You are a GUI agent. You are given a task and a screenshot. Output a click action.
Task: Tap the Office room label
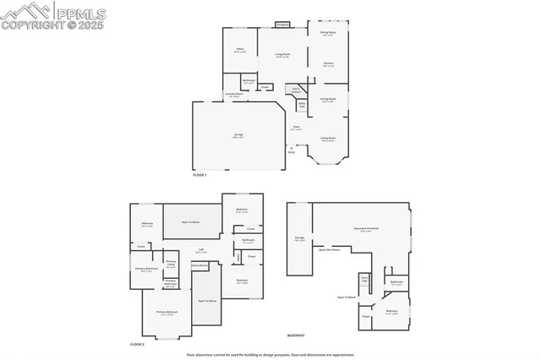[239, 50]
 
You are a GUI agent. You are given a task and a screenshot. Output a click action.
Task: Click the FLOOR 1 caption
[199, 174]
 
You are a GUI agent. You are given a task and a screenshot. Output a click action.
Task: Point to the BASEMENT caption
[297, 335]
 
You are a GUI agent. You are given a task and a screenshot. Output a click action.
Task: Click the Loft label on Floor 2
[202, 248]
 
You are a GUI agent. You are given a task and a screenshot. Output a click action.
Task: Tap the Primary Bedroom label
[167, 313]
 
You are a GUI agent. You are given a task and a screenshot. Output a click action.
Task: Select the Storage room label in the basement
[299, 239]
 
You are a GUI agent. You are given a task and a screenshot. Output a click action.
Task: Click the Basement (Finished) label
[366, 230]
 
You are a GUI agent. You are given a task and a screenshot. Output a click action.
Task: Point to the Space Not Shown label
[330, 250]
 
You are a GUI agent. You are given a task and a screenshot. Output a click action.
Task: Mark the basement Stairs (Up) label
[365, 279]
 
